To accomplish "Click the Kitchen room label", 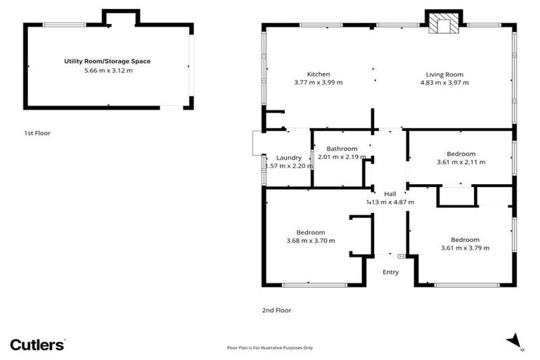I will pyautogui.click(x=318, y=74).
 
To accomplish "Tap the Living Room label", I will pyautogui.click(x=444, y=74).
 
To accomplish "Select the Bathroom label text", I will pyautogui.click(x=342, y=148).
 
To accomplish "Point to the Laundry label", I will pyautogui.click(x=289, y=157).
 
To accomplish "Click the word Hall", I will pyautogui.click(x=390, y=193).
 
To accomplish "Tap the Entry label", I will pyautogui.click(x=390, y=272).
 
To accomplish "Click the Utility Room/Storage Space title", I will pyautogui.click(x=108, y=61).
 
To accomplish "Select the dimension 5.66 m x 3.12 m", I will pyautogui.click(x=108, y=70).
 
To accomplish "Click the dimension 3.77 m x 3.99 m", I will pyautogui.click(x=318, y=83).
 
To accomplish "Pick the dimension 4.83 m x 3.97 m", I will pyautogui.click(x=444, y=83).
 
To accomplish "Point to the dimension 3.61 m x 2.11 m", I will pyautogui.click(x=461, y=162).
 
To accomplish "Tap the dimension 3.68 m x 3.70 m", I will pyautogui.click(x=310, y=241).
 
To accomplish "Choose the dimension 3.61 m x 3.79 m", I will pyautogui.click(x=465, y=247).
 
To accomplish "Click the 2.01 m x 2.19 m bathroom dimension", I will pyautogui.click(x=342, y=157).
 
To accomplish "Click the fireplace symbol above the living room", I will pyautogui.click(x=444, y=25).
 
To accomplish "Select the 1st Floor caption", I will pyautogui.click(x=37, y=133).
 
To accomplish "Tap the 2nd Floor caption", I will pyautogui.click(x=276, y=310).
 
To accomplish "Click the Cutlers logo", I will pyautogui.click(x=37, y=345).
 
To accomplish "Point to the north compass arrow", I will pyautogui.click(x=515, y=340).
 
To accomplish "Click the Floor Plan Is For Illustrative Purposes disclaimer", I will pyautogui.click(x=270, y=347).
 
